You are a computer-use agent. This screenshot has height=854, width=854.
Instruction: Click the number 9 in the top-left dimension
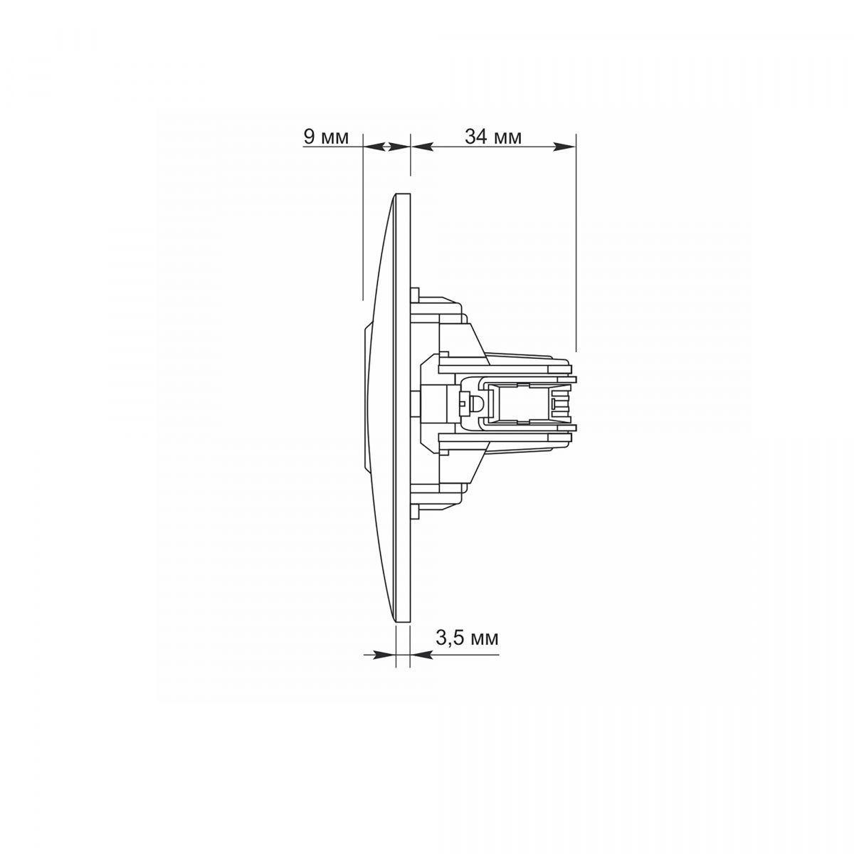pos(310,137)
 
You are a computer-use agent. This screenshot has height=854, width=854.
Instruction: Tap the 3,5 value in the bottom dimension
pos(450,638)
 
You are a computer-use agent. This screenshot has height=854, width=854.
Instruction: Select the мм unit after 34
pos(507,139)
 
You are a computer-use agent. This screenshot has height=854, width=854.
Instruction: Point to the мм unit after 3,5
pos(484,640)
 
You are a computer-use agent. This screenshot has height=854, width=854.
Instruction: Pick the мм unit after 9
pos(334,139)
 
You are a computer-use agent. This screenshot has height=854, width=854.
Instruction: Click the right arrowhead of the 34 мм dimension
pos(564,147)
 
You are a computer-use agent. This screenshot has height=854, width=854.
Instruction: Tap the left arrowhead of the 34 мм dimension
pos(421,147)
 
